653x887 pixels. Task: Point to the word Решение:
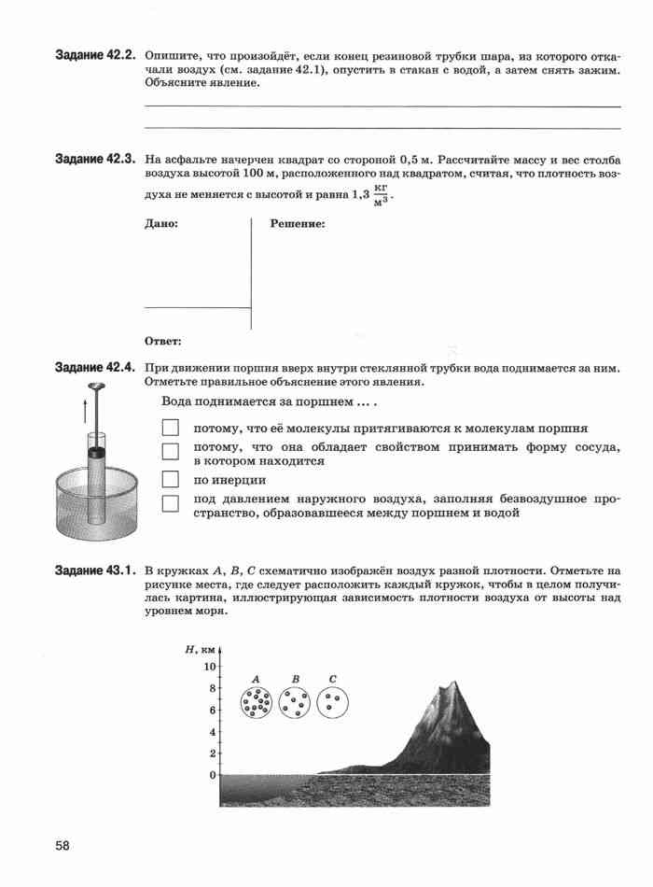(x=298, y=224)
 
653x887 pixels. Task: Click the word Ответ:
(x=163, y=341)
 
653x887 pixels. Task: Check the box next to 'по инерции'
(x=170, y=480)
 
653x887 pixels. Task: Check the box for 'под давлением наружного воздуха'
(x=170, y=504)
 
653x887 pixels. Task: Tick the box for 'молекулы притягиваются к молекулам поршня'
(x=170, y=429)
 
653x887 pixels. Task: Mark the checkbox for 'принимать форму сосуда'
(x=170, y=452)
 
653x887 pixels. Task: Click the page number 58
(x=63, y=846)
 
